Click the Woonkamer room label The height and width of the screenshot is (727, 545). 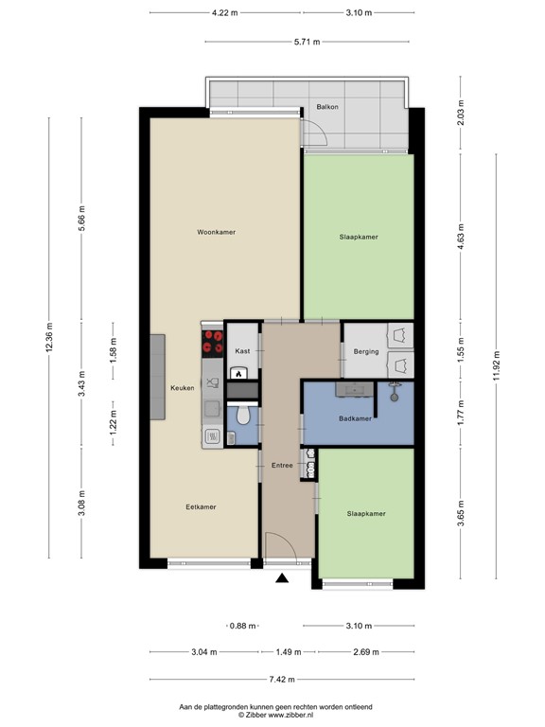point(216,232)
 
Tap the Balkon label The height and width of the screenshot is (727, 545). point(327,107)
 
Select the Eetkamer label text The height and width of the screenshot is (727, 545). point(201,506)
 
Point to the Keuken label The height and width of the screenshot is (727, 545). point(182,387)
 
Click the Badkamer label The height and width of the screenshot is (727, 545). point(355,418)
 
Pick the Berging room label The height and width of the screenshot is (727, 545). point(366,351)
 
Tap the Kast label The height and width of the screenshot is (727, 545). point(242,351)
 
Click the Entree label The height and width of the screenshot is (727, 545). point(282,465)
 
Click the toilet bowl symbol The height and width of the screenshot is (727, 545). point(243,415)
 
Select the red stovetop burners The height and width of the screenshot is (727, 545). point(213,343)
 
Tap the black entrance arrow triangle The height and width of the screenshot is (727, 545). point(282,577)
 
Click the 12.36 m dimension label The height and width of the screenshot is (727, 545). point(49,337)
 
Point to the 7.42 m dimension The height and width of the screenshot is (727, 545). point(282,680)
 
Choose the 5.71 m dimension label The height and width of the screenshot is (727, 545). point(307,42)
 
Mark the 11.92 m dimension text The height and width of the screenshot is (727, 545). point(497,366)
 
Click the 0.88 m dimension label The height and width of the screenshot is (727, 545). point(243,626)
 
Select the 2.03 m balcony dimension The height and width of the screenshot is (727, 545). point(460,113)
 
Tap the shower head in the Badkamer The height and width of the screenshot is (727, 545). point(395,392)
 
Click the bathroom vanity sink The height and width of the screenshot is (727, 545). point(355,389)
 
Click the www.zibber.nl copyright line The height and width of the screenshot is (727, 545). point(275,715)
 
